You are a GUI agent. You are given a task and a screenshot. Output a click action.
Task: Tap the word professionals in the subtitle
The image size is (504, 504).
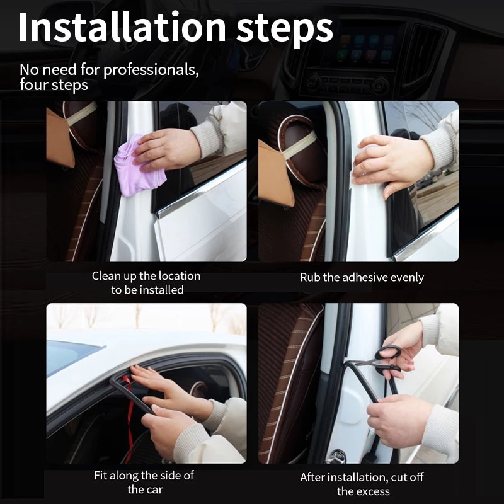click(151, 69)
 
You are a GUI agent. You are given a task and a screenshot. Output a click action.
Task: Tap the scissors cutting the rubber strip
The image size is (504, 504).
click(379, 360)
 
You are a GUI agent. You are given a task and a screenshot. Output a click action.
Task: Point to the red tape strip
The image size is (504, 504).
click(130, 416)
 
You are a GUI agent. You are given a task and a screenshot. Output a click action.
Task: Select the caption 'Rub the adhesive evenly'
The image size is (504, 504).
click(362, 277)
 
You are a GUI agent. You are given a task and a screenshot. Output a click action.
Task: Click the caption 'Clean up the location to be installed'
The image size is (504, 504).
click(146, 283)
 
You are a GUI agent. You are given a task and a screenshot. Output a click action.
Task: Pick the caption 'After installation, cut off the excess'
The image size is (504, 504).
click(363, 484)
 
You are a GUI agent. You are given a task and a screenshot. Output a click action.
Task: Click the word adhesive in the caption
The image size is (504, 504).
click(364, 277)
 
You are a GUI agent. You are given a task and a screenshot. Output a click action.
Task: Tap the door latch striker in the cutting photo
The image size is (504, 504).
click(336, 455)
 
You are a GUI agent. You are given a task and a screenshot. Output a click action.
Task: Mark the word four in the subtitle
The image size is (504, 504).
click(33, 85)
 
